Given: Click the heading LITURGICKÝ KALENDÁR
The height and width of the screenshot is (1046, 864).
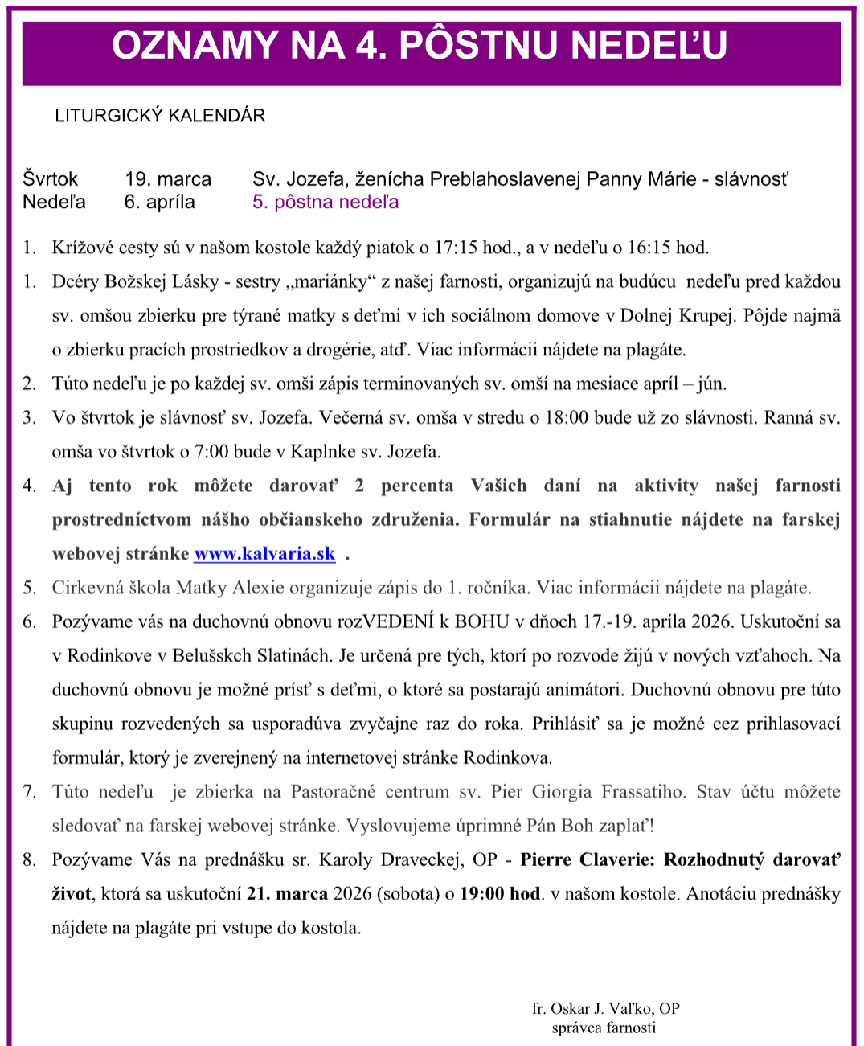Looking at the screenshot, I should (x=160, y=116).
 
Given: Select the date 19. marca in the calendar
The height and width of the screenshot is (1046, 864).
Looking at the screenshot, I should (x=168, y=179).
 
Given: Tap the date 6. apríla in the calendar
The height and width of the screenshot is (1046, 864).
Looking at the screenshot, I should (x=159, y=202).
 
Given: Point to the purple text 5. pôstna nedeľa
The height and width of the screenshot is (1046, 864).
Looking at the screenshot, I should (x=326, y=202).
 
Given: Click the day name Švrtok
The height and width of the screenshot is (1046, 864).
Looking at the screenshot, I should (x=51, y=179).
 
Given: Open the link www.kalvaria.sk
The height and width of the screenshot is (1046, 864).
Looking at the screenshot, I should (x=264, y=554).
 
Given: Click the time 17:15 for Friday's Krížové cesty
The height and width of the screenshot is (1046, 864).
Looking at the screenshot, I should (x=457, y=248).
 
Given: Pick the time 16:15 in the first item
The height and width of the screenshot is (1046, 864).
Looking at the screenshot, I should (x=649, y=248).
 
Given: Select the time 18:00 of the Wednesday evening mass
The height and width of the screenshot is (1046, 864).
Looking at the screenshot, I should (x=567, y=418).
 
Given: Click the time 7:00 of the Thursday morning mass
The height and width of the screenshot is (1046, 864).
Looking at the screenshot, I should (x=211, y=452).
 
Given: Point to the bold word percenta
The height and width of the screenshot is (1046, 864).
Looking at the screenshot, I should (x=416, y=486).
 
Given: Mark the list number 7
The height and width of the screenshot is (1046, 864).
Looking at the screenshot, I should (x=30, y=792).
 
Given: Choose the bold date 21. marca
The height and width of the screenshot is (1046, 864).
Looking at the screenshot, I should (x=287, y=894).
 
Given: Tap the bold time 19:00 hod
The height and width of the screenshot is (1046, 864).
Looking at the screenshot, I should (x=500, y=894).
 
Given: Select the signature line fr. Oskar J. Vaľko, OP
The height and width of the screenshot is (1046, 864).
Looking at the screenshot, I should (x=605, y=1009).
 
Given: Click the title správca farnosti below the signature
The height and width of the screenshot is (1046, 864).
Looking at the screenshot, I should (x=604, y=1028).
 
